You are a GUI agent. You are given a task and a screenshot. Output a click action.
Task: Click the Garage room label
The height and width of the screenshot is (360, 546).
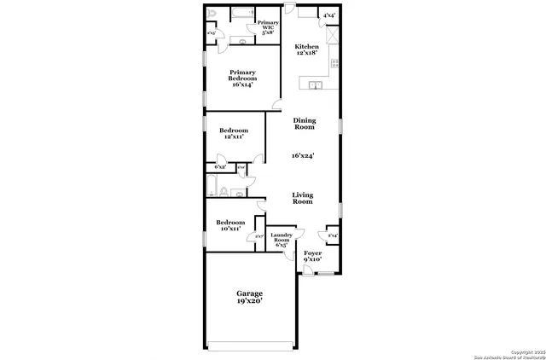click(249, 296)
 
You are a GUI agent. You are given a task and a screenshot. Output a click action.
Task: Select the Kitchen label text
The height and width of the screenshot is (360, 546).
click(306, 49)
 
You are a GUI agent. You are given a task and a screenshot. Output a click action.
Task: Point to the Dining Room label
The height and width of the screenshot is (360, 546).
click(305, 125)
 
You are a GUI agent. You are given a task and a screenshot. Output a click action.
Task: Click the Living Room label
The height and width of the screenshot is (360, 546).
click(302, 198)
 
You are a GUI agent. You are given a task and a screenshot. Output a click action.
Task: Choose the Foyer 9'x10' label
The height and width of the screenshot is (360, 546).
click(313, 257)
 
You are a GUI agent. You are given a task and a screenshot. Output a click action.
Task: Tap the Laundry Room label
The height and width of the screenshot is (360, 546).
click(282, 240)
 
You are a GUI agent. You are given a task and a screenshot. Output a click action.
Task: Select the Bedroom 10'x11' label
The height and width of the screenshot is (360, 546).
click(230, 226)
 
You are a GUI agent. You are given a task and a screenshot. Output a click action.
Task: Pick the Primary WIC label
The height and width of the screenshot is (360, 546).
click(268, 26)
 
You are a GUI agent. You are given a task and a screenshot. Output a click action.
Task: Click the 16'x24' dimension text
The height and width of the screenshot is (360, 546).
click(303, 156)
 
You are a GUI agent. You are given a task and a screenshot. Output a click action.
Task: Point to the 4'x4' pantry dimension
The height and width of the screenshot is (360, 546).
click(328, 15)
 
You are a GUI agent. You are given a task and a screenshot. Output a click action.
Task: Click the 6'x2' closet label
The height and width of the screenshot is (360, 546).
click(221, 167)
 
